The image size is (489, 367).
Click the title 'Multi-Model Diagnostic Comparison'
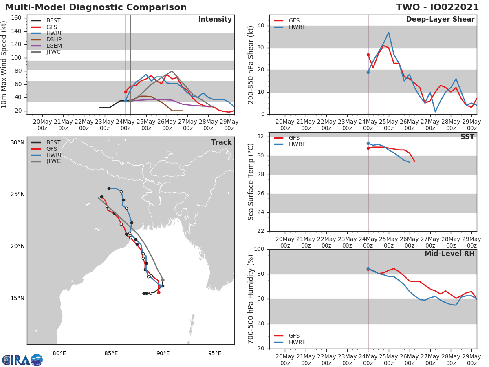pyautogui.click(x=96, y=7)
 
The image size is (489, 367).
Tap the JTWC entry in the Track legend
pyautogui.click(x=53, y=161)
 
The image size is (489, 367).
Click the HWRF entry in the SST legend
pyautogui.click(x=297, y=144)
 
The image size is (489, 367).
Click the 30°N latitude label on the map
pyautogui.click(x=18, y=142)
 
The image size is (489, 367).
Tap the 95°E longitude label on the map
pyautogui.click(x=215, y=353)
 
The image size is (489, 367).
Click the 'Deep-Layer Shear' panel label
pyautogui.click(x=440, y=20)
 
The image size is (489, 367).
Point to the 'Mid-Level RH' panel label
pyautogui.click(x=449, y=254)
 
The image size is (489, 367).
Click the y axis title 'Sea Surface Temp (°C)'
pyautogui.click(x=251, y=182)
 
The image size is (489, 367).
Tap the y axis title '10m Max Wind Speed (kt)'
pyautogui.click(x=4, y=65)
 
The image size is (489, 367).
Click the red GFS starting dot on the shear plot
pyautogui.click(x=368, y=55)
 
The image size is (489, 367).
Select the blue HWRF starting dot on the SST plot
pyautogui.click(x=368, y=143)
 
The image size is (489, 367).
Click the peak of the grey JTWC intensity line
pyautogui.click(x=172, y=71)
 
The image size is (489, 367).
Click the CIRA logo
pyautogui.click(x=22, y=360)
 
